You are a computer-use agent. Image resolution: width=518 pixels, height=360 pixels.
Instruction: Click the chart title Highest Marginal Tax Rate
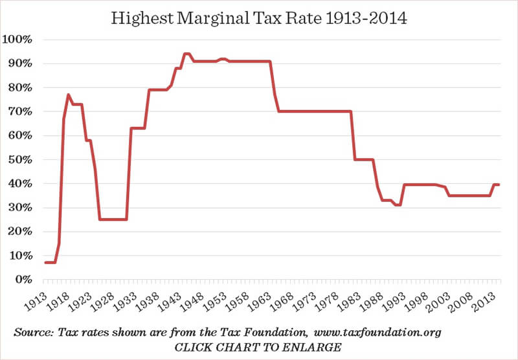[258, 17]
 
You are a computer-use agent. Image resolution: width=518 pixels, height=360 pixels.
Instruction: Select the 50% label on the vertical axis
[23, 159]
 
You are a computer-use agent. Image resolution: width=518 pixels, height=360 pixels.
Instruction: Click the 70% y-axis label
[23, 111]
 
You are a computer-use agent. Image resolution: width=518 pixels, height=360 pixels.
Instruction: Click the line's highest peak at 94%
[186, 54]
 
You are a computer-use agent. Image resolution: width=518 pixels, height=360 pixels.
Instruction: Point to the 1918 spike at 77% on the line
[68, 95]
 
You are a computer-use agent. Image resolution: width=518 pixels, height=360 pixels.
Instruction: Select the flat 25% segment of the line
[113, 219]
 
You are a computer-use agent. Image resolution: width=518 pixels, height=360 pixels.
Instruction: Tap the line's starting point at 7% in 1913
[45, 262]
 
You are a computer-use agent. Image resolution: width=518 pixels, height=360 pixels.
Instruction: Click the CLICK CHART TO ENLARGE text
[258, 348]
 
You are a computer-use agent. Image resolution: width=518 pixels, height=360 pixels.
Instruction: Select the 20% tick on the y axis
[23, 231]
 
